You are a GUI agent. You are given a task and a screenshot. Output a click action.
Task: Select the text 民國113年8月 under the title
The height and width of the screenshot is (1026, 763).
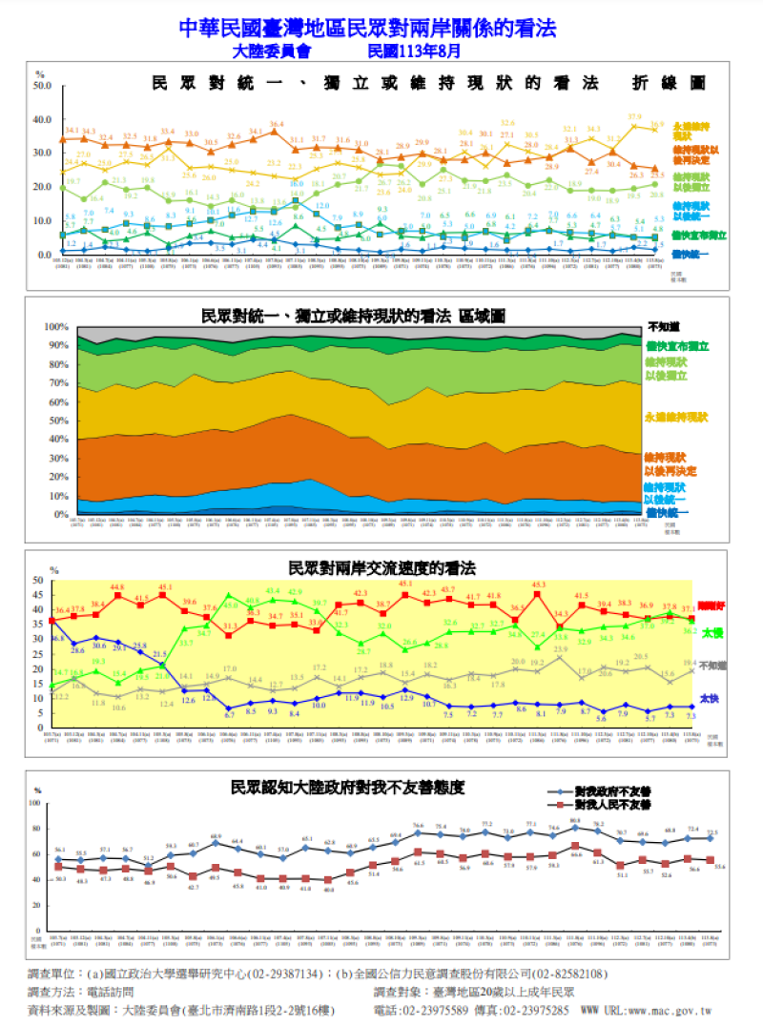tap(413, 50)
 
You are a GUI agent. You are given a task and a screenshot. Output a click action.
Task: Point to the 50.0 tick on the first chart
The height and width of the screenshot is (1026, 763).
tap(42, 86)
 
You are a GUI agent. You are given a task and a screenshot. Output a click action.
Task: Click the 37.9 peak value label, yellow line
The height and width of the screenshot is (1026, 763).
tap(635, 116)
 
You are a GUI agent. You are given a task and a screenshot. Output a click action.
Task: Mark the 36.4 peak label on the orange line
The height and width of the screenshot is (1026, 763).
tap(277, 124)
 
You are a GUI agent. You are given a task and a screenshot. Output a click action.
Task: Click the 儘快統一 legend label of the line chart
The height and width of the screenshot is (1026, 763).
tap(690, 255)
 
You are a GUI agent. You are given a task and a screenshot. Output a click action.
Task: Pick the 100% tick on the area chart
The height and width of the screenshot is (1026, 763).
tap(47, 327)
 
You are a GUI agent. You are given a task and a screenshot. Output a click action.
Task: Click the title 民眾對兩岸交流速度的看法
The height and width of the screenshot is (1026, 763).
tap(381, 568)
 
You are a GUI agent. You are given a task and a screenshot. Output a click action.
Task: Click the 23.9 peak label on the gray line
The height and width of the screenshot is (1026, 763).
tap(561, 649)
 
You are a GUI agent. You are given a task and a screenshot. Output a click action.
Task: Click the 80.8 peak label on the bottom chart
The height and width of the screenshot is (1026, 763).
tap(575, 820)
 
